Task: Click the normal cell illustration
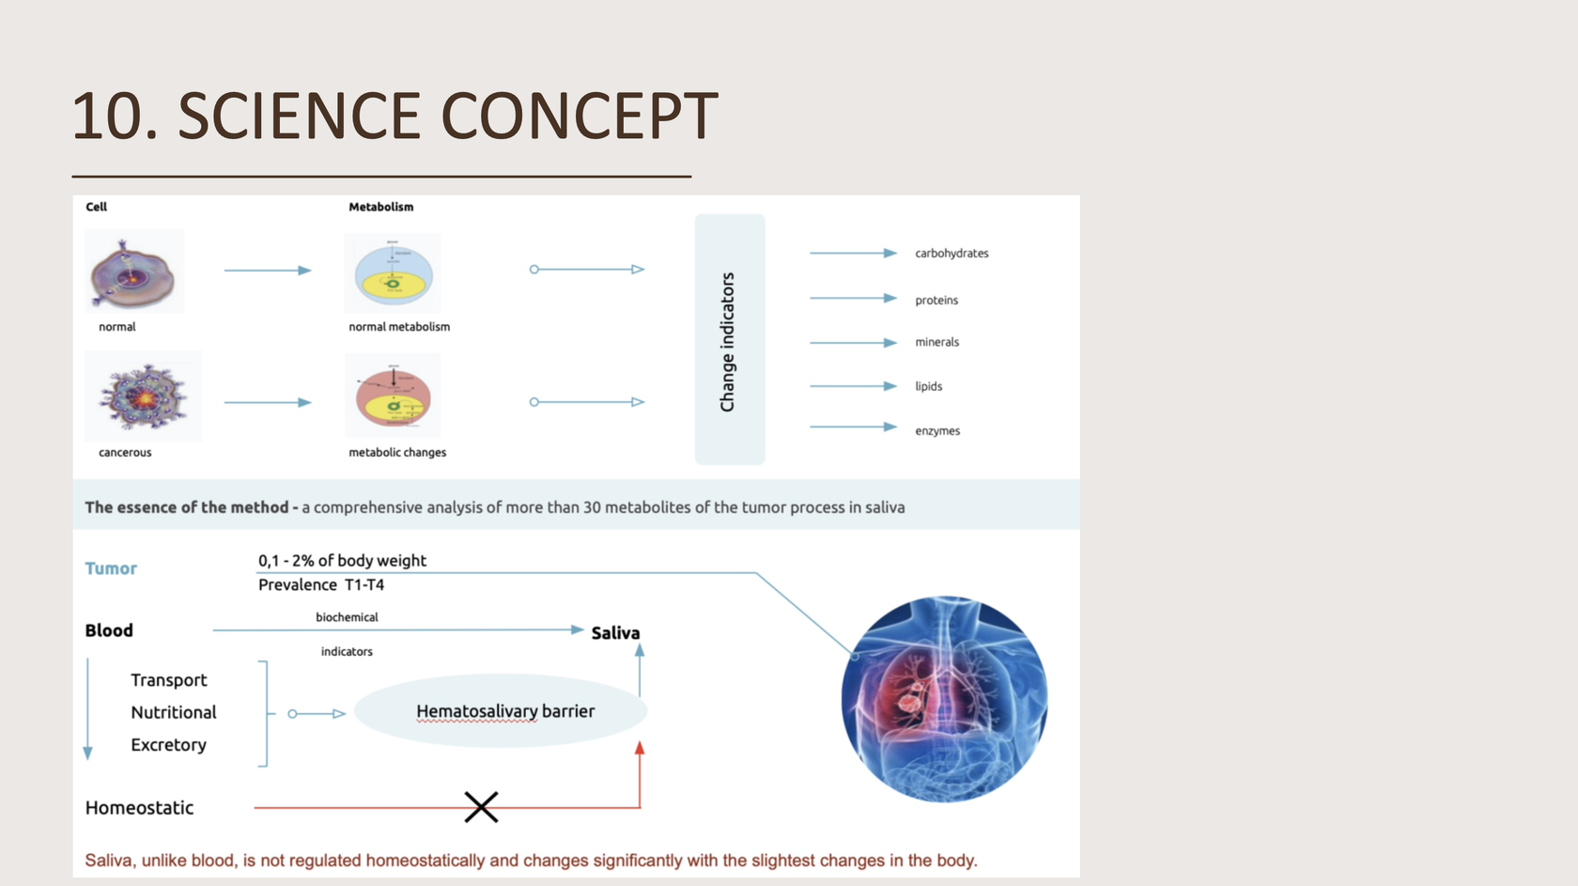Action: pyautogui.click(x=134, y=272)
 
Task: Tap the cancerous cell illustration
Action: pyautogui.click(x=144, y=396)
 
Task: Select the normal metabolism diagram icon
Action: pyautogui.click(x=393, y=273)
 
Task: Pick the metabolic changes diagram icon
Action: pyautogui.click(x=393, y=396)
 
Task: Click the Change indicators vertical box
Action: pyautogui.click(x=730, y=339)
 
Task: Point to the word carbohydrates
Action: pyautogui.click(x=951, y=254)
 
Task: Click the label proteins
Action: pyautogui.click(x=936, y=301)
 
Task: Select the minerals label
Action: pyautogui.click(x=936, y=342)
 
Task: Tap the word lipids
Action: pyautogui.click(x=928, y=386)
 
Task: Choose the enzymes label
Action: pyautogui.click(x=937, y=431)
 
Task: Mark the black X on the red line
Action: pyautogui.click(x=481, y=807)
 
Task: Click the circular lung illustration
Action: pyautogui.click(x=944, y=699)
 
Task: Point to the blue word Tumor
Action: pyautogui.click(x=111, y=568)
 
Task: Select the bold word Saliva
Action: pyautogui.click(x=615, y=633)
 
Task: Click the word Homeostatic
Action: pyautogui.click(x=139, y=808)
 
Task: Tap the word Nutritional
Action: pyautogui.click(x=174, y=712)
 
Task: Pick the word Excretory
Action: pyautogui.click(x=168, y=745)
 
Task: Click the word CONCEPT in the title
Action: pyautogui.click(x=580, y=117)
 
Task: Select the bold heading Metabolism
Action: pyautogui.click(x=380, y=207)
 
